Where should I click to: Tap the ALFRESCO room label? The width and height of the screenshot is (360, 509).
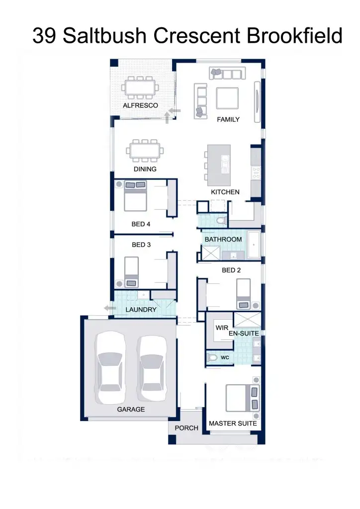pos(140,105)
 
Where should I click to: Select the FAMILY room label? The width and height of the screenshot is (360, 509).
pos(228,119)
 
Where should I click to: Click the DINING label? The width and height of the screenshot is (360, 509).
pos(145,169)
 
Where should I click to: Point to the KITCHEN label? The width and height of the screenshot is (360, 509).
pos(225,192)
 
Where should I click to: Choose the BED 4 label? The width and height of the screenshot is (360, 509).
pos(141,224)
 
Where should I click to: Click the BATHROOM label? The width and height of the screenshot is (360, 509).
pos(223,239)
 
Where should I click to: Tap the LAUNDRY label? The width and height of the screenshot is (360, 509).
pos(141,310)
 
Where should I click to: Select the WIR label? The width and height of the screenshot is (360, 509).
pos(221,328)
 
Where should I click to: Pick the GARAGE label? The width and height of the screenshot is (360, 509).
pos(131,409)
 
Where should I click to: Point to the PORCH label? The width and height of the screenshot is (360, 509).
pos(186,427)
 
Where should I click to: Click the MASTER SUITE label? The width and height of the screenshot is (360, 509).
pos(233,423)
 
